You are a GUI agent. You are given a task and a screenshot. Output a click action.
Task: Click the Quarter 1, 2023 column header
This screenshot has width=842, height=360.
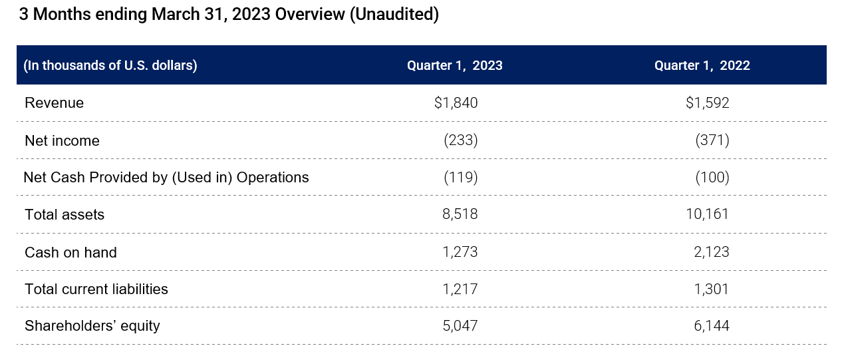coord(455,66)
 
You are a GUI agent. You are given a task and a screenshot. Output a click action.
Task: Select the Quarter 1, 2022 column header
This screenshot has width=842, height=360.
coord(702,66)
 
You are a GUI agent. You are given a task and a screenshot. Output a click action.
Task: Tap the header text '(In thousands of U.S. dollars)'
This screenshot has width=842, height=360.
coord(110,66)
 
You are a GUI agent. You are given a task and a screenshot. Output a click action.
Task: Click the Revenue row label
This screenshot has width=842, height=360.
coord(55,103)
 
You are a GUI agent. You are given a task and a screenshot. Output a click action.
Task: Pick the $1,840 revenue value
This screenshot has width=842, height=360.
coord(456,103)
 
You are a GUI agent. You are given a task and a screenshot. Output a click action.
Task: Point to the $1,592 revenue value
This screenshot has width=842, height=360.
coord(707,103)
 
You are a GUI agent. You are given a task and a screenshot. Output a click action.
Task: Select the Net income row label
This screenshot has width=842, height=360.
coord(62,141)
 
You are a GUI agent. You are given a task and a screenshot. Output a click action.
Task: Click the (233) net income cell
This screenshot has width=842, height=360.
coord(460,141)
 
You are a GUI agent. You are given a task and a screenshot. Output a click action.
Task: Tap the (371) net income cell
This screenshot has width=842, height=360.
coord(712,141)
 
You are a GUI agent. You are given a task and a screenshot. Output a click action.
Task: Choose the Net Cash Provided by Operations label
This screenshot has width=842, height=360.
coord(166,178)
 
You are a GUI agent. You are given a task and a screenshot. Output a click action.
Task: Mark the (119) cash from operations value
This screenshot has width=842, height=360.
coord(460,178)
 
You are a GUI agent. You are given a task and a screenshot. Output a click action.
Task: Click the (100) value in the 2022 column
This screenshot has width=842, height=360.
coord(712,178)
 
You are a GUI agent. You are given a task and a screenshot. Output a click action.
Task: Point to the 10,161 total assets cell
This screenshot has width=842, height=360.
coord(708,214)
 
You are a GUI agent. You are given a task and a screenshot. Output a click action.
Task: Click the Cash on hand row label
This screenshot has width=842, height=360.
coord(70,253)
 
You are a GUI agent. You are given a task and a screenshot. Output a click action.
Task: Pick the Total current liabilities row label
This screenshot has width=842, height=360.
coord(96,289)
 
